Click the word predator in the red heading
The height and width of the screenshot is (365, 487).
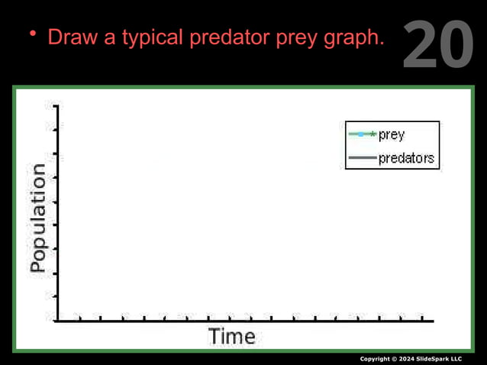click(227, 37)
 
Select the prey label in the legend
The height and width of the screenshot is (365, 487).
click(392, 134)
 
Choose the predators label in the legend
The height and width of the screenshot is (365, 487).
click(407, 158)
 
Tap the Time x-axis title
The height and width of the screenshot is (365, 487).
click(232, 336)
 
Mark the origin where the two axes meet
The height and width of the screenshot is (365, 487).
click(56, 321)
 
